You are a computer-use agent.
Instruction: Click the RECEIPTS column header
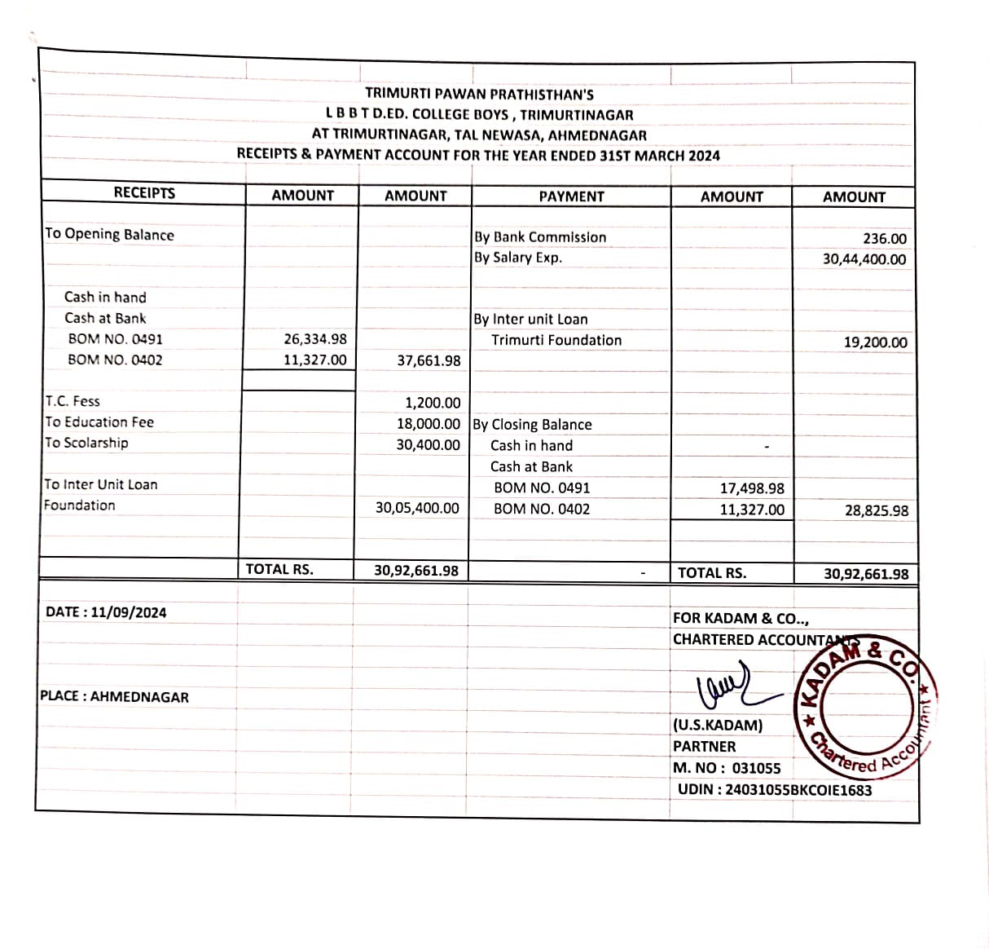[144, 192]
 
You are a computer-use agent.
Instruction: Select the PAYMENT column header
[571, 196]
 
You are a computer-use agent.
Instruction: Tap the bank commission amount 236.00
[884, 239]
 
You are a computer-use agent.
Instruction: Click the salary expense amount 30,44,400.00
[864, 259]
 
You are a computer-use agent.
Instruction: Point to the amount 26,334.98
[314, 339]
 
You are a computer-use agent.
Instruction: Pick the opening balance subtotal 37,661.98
[429, 360]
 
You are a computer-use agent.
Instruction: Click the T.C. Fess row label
[73, 401]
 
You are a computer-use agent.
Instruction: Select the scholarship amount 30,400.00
[428, 445]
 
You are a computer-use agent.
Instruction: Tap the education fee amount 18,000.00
[428, 424]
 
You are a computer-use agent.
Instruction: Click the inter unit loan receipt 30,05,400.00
[417, 508]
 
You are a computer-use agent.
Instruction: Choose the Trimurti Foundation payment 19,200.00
[875, 342]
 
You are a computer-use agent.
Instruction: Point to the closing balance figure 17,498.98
[752, 488]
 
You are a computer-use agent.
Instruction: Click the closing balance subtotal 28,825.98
[876, 511]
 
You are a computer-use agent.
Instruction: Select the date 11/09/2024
[129, 612]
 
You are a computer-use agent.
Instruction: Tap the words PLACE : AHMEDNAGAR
[114, 697]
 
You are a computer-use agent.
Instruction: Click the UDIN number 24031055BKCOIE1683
[798, 790]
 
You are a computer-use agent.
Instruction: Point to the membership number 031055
[756, 768]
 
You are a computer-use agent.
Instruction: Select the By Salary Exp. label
[518, 258]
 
